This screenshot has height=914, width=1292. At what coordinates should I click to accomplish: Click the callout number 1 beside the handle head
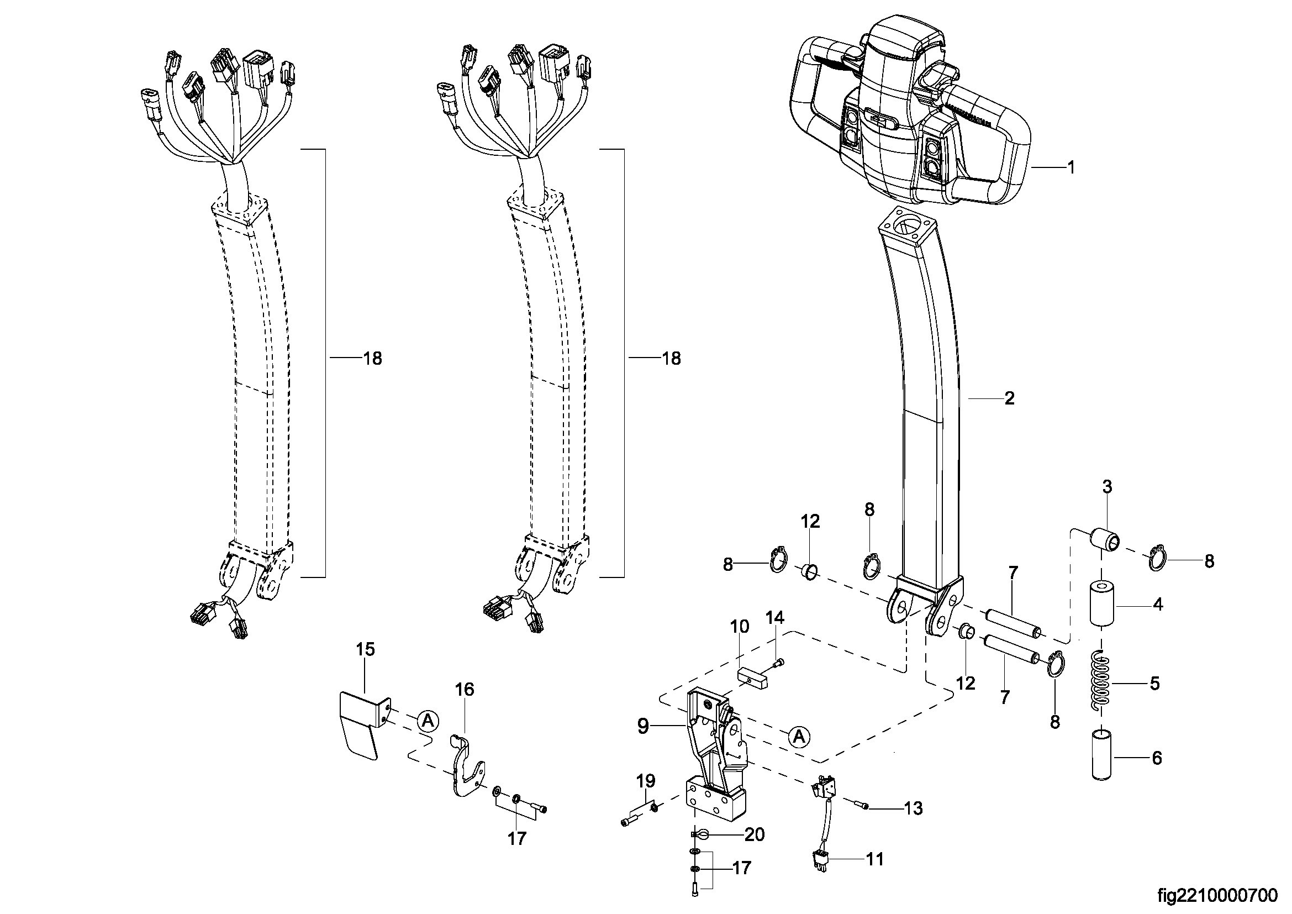tap(1072, 168)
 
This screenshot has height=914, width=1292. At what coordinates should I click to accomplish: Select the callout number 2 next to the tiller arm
tap(1010, 398)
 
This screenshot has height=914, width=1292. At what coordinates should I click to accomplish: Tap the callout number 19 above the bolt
tap(646, 781)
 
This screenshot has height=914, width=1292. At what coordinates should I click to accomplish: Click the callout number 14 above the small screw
tap(775, 617)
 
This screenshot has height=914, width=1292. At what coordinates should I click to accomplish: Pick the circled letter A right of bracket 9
tap(799, 736)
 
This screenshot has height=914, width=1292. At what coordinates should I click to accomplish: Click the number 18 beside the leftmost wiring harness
tap(373, 359)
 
